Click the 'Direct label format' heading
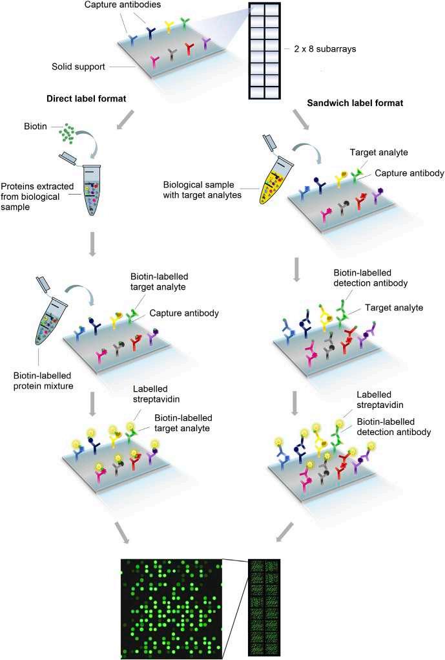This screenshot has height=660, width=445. click(x=86, y=98)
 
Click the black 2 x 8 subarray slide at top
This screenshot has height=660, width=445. click(x=264, y=51)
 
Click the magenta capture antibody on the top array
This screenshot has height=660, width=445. click(x=154, y=62)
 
